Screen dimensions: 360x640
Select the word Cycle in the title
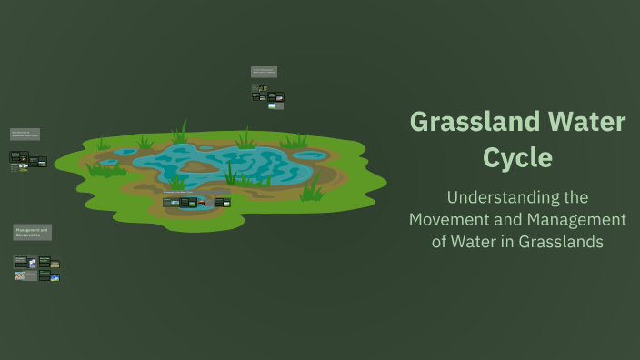tap(517, 157)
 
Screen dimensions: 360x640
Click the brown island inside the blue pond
tap(199, 166)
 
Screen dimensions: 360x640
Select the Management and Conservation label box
tap(32, 233)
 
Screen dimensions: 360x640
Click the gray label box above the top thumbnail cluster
tap(264, 72)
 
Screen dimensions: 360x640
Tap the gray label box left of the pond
tap(25, 135)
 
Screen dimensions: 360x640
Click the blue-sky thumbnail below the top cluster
tap(272, 106)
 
